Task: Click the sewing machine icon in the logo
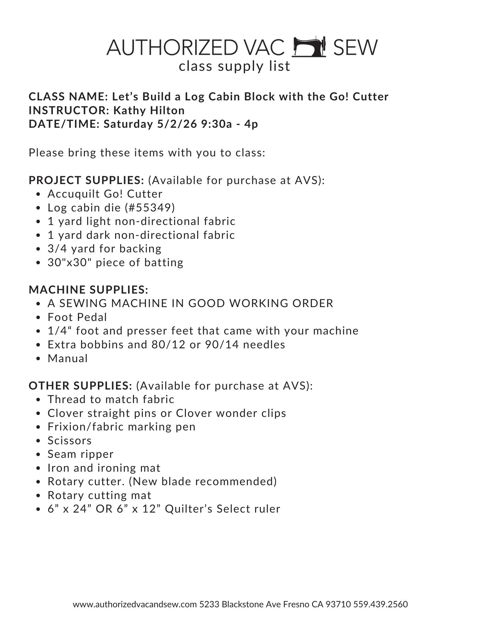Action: coord(309,47)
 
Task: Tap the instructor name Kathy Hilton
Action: coord(149,110)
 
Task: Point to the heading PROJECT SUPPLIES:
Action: coord(86,180)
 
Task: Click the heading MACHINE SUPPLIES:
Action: coord(88,289)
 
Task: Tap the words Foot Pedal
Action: coord(77,317)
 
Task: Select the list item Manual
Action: coord(68,358)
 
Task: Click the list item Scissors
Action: coord(70,441)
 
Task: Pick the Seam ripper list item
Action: coord(81,454)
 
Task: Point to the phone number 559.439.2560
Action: coord(380,604)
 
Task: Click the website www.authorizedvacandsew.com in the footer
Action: coord(135,604)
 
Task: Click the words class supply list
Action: coord(234,66)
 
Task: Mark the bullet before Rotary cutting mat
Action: coord(38,496)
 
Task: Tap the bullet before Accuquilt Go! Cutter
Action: coord(38,194)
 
